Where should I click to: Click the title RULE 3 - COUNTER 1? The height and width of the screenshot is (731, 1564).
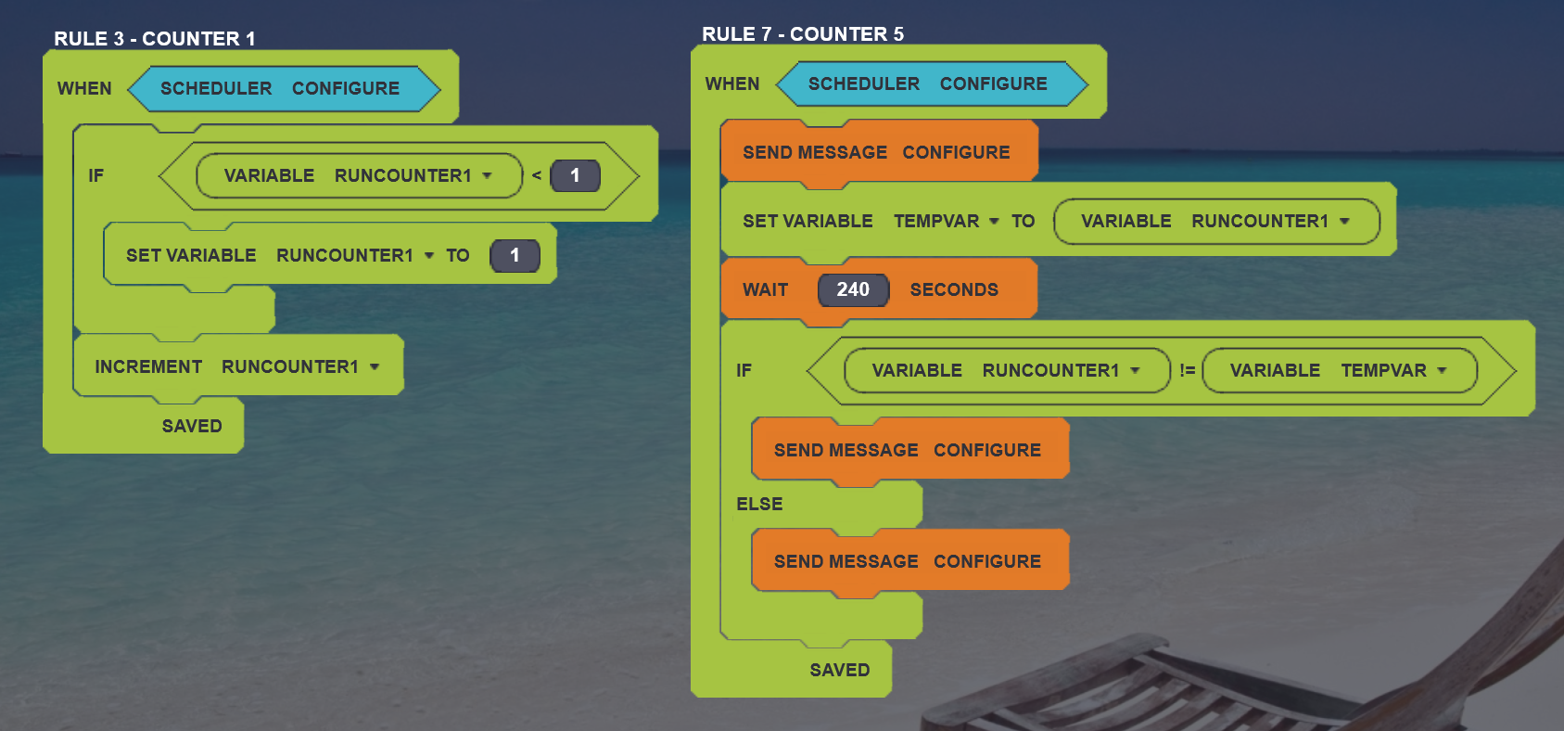154,39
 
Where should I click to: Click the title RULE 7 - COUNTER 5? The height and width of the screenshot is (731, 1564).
802,34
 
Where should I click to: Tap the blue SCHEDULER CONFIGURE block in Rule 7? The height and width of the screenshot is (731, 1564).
928,84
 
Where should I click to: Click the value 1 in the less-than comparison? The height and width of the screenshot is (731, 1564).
575,176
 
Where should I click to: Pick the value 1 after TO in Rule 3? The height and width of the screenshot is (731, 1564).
515,256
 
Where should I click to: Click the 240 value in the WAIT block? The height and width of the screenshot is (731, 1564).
853,290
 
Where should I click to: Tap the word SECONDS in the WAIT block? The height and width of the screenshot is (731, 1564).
954,290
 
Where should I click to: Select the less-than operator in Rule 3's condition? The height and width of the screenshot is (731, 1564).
537,176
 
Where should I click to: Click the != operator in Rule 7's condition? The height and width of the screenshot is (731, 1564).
1187,371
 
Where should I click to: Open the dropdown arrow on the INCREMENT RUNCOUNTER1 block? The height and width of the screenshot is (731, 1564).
375,367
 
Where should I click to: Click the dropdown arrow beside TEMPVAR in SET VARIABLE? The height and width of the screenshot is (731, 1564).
994,222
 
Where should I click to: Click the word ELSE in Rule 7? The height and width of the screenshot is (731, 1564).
759,505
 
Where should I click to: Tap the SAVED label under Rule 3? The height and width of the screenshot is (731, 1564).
192,427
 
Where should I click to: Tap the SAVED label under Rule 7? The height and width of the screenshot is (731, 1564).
840,671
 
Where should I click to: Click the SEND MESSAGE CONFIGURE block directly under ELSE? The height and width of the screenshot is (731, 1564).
908,562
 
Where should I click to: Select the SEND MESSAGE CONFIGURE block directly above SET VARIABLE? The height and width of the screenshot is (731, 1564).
876,153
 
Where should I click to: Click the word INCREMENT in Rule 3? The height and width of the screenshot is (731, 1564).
148,367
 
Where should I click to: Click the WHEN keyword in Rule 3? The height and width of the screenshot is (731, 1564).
84,89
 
